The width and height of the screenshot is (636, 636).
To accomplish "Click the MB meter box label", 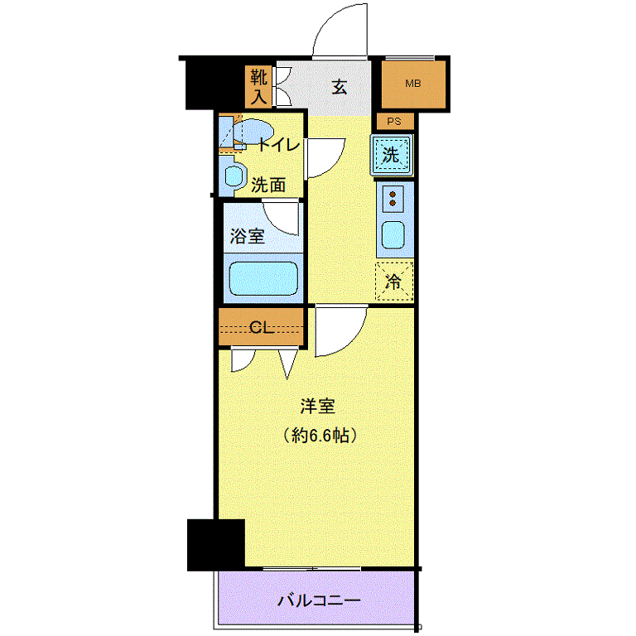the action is point(413,84).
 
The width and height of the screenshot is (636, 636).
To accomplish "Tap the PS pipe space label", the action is point(394,121).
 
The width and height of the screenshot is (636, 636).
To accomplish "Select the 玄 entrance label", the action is point(339,87).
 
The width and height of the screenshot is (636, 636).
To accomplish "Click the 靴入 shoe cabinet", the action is point(258,87).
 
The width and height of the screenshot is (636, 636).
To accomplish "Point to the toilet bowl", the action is point(252,131).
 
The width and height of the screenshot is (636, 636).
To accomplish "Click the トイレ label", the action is point(279,144).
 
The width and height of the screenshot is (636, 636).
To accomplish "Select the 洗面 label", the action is point(268,185).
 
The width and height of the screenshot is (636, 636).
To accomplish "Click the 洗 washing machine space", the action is point(392,155).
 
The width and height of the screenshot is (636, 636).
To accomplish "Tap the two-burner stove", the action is point(393,199).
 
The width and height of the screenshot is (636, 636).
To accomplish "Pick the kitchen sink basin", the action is point(393,235).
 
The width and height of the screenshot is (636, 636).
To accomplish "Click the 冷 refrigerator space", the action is point(394,281).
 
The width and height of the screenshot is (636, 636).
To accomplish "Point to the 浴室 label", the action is point(248,236).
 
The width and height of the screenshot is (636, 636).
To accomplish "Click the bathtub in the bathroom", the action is point(263,278).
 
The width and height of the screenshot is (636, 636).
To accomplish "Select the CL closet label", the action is point(262,327).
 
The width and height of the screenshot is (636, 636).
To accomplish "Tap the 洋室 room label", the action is point(318,407).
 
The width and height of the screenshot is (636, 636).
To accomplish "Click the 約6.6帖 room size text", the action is point(320,436).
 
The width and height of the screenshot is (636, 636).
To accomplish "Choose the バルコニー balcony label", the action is point(319,600).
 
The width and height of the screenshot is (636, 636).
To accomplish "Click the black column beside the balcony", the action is point(216,545).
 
